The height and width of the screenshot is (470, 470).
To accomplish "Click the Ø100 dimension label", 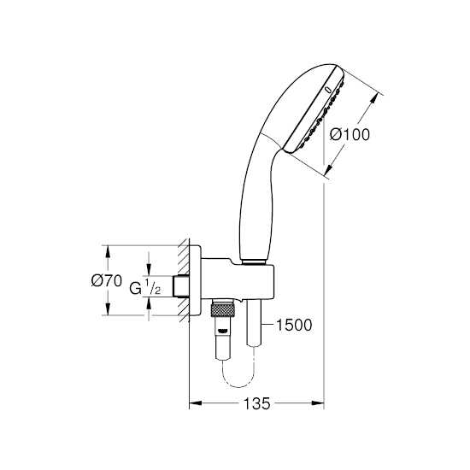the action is tap(350, 134).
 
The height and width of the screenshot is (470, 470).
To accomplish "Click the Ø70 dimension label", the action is tap(107, 281).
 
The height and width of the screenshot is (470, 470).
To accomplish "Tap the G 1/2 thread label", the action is tap(145, 287).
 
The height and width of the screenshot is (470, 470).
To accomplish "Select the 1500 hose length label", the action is tap(294, 325).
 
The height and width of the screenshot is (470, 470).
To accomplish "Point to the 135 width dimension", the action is tap(256, 403).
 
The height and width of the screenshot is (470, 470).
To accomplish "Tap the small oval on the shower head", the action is tap(328, 90).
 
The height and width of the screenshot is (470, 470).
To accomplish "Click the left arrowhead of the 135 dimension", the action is tap(195, 403).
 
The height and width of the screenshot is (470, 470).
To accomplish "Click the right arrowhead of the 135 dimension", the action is tap(318, 403).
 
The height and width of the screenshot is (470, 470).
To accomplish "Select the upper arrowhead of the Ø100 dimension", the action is tap(373, 98).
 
